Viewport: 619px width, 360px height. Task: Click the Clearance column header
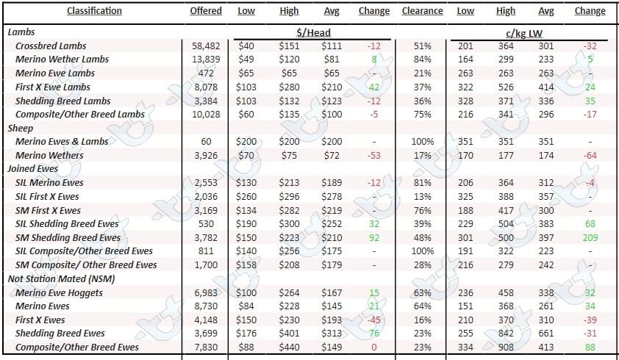(x=422, y=11)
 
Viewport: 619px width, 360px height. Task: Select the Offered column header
(x=206, y=11)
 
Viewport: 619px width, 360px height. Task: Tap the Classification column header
(x=94, y=11)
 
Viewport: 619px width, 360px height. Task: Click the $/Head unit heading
(x=313, y=33)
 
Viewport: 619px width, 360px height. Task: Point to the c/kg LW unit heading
(x=524, y=34)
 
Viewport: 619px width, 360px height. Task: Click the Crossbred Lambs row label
(x=51, y=46)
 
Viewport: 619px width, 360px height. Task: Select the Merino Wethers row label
(x=49, y=155)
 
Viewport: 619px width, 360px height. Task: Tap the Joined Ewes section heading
(x=33, y=168)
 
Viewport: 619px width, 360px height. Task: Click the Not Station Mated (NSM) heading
(x=61, y=278)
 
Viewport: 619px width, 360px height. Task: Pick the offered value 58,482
(x=206, y=46)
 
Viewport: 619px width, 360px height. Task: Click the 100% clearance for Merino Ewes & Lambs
(x=423, y=141)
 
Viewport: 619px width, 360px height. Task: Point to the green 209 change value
(x=590, y=237)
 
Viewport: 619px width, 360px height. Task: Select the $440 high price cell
(x=289, y=348)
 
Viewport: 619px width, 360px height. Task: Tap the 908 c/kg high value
(x=506, y=348)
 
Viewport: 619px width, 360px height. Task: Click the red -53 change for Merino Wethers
(x=374, y=156)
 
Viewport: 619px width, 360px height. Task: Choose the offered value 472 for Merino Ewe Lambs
(x=206, y=73)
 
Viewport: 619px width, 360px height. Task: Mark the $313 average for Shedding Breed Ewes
(x=332, y=334)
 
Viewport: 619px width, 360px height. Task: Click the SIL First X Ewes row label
(x=47, y=196)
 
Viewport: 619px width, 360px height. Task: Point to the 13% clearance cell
(x=423, y=197)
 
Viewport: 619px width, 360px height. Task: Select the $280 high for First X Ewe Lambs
(x=289, y=87)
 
